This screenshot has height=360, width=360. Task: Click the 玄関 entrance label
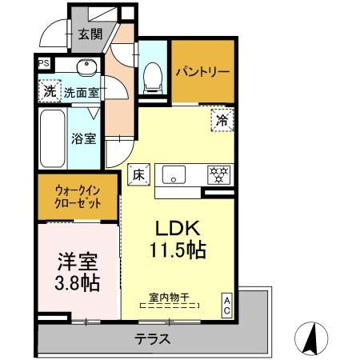[x=90, y=34]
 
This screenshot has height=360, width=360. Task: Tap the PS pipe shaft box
[x=44, y=63]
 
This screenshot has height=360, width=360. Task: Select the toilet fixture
[x=153, y=78]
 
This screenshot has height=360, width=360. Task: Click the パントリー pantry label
[x=202, y=72]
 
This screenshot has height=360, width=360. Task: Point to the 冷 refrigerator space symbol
[x=222, y=120]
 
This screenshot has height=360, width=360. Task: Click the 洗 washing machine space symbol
[x=50, y=91]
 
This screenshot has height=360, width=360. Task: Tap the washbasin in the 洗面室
[x=86, y=66]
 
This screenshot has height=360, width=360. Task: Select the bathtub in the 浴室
[x=52, y=138]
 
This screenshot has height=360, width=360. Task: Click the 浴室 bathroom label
[x=83, y=138]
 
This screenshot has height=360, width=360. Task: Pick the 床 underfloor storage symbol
[x=138, y=174]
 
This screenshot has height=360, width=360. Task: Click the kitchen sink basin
[x=174, y=174]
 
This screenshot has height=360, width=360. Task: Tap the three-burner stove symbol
[x=218, y=175]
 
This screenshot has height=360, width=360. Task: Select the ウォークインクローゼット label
[x=78, y=198]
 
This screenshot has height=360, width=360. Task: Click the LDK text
[x=178, y=228]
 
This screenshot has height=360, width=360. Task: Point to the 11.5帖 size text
[x=178, y=250]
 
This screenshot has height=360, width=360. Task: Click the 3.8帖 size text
[x=78, y=283]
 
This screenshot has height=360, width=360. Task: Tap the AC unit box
[x=227, y=306]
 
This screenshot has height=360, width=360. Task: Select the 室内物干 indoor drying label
[x=169, y=298]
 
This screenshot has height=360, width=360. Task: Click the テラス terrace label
[x=152, y=339]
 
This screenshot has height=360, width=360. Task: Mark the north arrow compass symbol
[x=311, y=338]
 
